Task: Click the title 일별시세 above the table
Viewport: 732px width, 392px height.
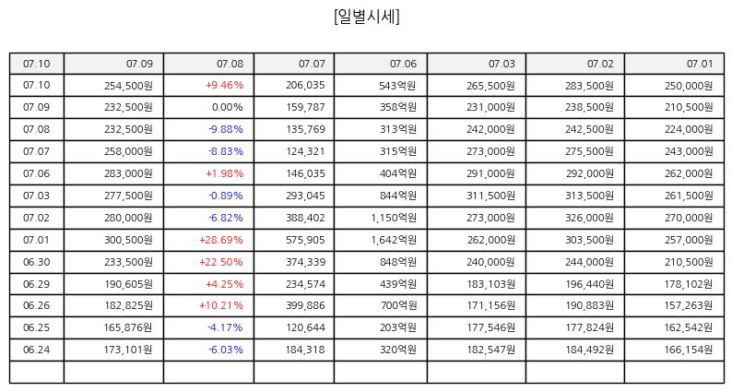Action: (x=367, y=17)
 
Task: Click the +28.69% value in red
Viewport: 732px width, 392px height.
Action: (x=221, y=240)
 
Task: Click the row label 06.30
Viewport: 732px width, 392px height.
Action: (x=36, y=262)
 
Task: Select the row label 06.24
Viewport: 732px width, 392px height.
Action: (x=36, y=350)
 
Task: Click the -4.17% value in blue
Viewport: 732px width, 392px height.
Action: (x=226, y=327)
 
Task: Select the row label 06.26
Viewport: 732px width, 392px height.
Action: (x=36, y=305)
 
